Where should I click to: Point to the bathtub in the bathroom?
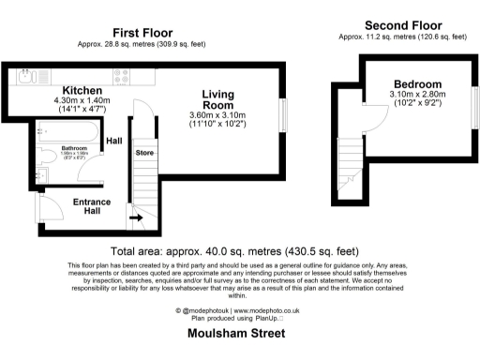pos(62,131)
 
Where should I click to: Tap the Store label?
pos(143,151)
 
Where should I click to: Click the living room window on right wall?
pos(282,116)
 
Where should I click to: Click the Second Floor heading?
pos(404,24)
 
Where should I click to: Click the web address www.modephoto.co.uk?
pos(265,309)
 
